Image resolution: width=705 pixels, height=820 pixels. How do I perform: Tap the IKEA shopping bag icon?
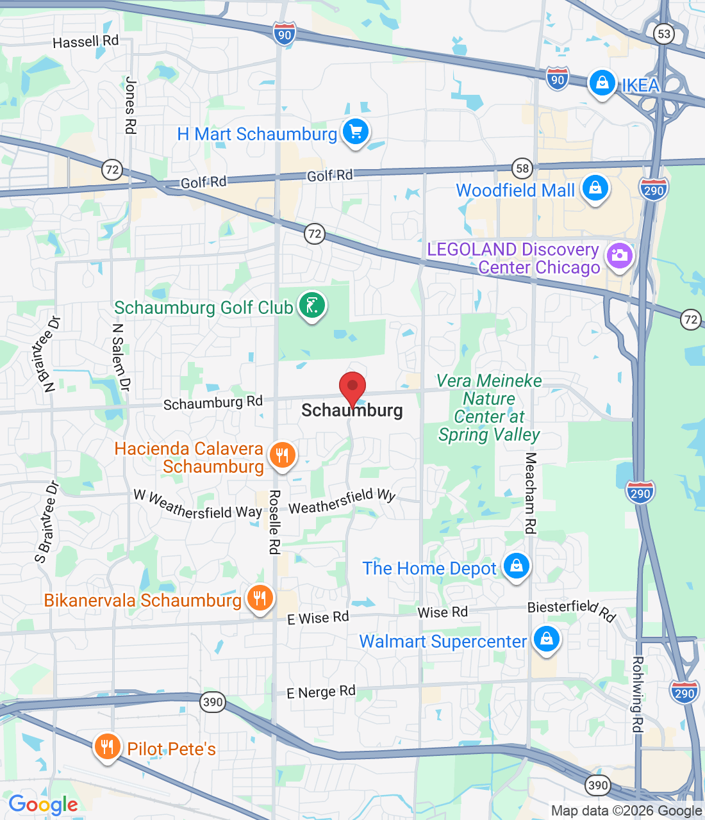click(602, 83)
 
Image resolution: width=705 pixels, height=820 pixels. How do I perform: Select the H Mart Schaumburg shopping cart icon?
click(356, 133)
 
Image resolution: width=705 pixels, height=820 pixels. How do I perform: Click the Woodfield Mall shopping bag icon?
click(595, 188)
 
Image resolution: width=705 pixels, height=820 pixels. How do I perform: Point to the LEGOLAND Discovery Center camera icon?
click(619, 256)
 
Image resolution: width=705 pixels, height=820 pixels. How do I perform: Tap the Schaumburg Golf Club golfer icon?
click(312, 306)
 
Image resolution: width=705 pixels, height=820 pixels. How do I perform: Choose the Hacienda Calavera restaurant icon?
click(281, 455)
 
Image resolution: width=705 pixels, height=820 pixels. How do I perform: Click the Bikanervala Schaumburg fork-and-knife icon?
click(260, 599)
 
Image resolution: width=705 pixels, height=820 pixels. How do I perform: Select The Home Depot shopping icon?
click(517, 566)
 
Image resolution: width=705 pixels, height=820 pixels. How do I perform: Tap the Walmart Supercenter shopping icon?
click(547, 639)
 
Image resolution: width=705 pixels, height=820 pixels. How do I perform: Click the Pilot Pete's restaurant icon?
click(107, 747)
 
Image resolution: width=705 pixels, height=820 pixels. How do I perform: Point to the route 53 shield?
click(664, 33)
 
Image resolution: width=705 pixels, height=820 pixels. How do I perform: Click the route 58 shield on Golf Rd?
click(523, 168)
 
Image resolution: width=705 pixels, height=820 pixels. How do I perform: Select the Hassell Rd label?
click(86, 42)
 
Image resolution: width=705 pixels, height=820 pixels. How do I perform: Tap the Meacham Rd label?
click(531, 493)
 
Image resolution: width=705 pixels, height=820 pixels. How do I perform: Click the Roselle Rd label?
click(274, 522)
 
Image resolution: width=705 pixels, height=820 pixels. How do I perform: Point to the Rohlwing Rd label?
click(637, 694)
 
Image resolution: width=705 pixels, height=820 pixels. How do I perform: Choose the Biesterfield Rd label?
click(571, 611)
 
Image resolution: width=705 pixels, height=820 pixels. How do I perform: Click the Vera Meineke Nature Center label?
click(489, 407)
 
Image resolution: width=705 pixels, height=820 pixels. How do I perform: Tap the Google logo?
click(43, 805)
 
